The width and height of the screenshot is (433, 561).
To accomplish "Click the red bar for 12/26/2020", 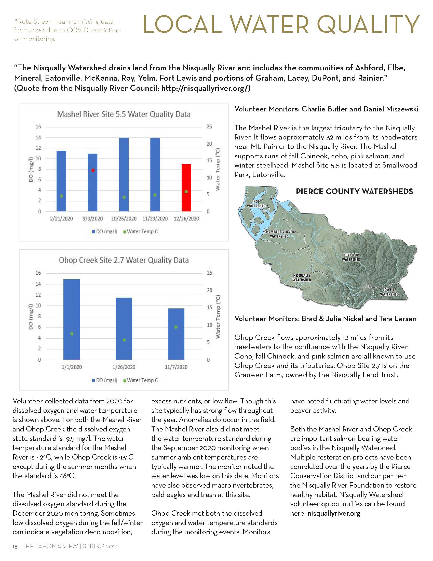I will (186, 187).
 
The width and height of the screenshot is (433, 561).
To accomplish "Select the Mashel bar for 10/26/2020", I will (124, 175).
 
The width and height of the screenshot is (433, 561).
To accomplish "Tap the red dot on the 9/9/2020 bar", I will (93, 170).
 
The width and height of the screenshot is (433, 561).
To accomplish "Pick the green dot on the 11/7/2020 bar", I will (176, 327).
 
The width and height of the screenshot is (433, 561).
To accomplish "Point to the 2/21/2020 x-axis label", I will (61, 219).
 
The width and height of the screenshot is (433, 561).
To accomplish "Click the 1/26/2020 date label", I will (124, 367).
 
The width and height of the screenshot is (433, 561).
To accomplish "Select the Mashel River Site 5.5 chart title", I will (124, 114).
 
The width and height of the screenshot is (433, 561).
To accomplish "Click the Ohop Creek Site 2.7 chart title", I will (124, 260).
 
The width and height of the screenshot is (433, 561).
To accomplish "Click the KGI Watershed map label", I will (256, 204).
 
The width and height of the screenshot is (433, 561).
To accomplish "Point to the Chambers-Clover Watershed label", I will (279, 234).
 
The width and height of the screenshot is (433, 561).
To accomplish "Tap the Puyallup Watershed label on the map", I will (351, 257).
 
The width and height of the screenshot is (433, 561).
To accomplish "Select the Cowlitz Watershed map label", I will (389, 292).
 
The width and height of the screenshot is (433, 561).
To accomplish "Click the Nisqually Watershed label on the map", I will (302, 278).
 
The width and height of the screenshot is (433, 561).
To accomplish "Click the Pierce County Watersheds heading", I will (354, 191).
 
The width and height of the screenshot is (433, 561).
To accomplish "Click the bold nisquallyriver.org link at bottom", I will (334, 514).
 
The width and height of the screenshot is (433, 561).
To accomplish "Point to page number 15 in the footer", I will (15, 547).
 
